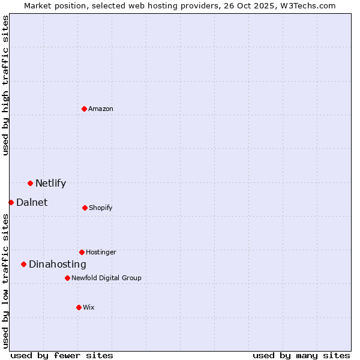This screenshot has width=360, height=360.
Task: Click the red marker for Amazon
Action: click(85, 109)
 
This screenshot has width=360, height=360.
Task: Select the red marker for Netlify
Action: click(30, 183)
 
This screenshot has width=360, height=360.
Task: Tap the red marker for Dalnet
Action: click(11, 202)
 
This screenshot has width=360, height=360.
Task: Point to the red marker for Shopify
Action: click(85, 208)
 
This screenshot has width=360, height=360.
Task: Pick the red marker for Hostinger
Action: click(82, 252)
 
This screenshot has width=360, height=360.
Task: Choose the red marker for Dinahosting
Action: click(23, 264)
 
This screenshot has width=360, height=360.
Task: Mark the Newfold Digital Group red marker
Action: click(67, 278)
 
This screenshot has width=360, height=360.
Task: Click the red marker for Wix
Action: click(79, 307)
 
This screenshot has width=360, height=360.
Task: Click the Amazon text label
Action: click(101, 109)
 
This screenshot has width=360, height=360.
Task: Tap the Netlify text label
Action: click(50, 183)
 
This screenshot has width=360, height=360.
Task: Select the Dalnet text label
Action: click(32, 202)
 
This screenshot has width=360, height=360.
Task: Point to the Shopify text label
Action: click(101, 208)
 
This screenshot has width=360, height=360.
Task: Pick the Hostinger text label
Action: click(101, 252)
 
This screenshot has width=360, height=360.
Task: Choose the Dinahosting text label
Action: click(58, 264)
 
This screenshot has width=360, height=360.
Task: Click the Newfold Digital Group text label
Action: click(106, 278)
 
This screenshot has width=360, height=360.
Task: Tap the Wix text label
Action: click(89, 307)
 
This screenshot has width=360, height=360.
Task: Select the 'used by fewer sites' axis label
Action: click(62, 355)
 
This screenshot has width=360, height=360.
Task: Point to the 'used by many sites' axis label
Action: click(301, 355)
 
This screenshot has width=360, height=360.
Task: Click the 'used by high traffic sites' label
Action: click(5, 85)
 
